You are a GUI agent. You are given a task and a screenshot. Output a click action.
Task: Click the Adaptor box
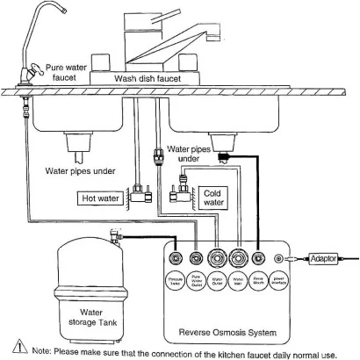(321, 259)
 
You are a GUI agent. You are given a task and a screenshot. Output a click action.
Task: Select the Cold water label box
(213, 197)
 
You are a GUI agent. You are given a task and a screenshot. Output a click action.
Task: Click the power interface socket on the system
(278, 259)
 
